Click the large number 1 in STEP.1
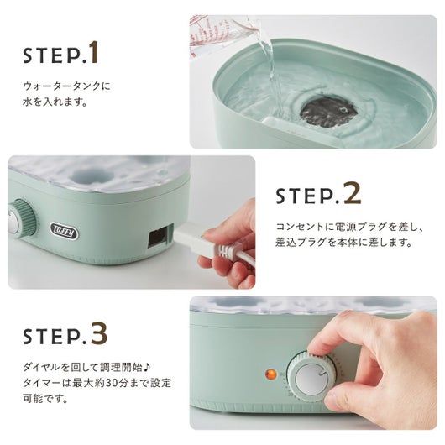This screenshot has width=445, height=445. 94,52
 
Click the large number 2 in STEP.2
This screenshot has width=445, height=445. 353,193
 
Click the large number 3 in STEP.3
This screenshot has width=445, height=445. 99,332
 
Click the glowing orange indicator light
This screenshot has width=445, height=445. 270,374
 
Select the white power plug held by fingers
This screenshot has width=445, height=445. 199,240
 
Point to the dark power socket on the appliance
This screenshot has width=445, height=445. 158,236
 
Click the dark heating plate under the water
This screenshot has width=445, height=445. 328,111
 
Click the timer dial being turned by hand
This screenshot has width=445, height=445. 311,378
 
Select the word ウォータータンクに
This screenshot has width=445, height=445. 66,86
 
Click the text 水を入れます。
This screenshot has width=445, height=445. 55,102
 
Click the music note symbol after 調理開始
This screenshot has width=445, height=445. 146,368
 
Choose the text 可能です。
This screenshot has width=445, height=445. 45,398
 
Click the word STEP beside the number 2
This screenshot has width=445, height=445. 305,196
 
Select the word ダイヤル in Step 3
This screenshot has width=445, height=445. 42,368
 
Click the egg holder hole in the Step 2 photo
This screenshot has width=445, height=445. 85,175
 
